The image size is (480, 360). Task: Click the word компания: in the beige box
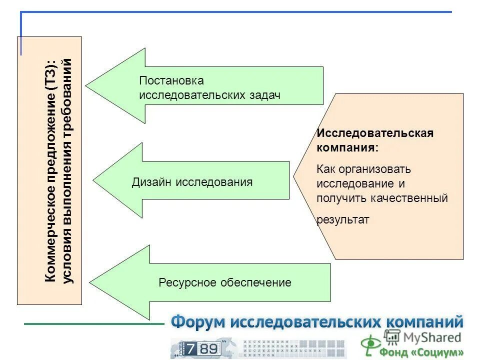347,148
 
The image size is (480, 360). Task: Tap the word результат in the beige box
343,219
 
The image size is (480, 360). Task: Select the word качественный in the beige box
408,198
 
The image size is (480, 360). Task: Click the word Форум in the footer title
198,322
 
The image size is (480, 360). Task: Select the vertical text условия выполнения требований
68,170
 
